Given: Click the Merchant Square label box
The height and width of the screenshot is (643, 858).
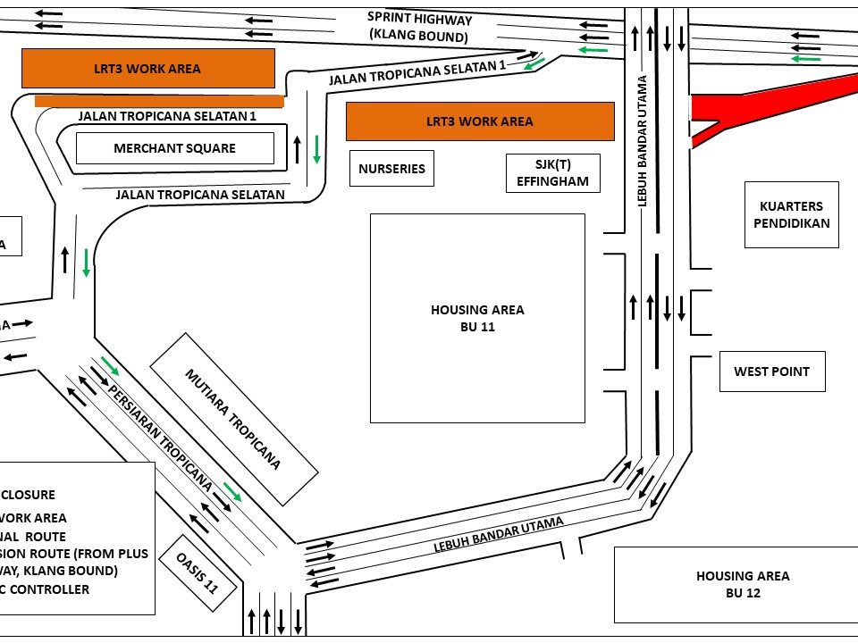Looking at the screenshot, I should click(174, 148).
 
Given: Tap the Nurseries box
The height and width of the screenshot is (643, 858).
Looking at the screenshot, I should click(391, 169).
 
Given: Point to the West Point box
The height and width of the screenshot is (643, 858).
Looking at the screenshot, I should click(772, 372).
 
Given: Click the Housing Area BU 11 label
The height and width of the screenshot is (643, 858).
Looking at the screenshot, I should click(477, 318).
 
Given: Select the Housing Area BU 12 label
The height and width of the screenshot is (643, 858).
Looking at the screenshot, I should click(743, 584).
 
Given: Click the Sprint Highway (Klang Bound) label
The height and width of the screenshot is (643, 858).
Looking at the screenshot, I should click(419, 28).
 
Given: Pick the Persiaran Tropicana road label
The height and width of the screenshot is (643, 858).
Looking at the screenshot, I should click(161, 438).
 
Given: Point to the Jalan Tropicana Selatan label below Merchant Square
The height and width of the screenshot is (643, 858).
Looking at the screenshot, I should click(200, 194).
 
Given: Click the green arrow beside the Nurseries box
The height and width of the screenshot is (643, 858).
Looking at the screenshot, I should click(316, 149).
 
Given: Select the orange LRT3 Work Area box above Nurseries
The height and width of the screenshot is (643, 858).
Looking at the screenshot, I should click(480, 121).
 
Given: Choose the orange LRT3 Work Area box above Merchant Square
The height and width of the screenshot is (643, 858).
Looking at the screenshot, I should click(147, 68).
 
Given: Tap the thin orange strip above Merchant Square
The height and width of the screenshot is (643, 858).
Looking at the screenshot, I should click(159, 101).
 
